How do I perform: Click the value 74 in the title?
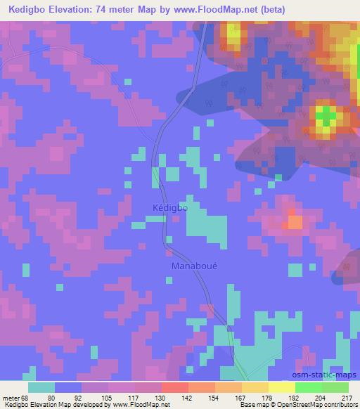point(101,9)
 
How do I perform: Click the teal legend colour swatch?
point(41,387)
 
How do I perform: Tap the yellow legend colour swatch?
point(282,387)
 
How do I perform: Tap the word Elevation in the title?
point(72,9)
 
